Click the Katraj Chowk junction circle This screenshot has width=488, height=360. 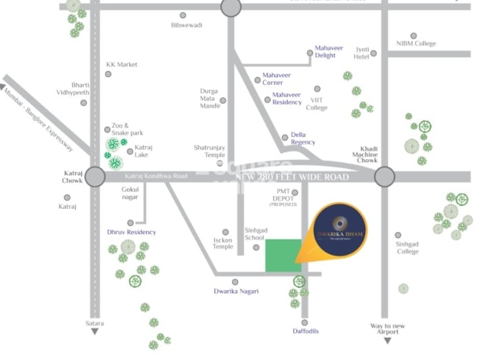(x=94, y=176)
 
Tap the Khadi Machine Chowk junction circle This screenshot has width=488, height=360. (x=384, y=176)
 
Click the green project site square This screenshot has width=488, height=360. (x=283, y=256)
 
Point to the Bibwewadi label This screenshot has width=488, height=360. (x=187, y=25)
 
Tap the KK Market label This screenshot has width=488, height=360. (x=122, y=65)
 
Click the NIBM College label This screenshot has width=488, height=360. (x=416, y=44)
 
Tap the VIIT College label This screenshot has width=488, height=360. (x=317, y=103)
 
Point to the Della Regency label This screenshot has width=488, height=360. (x=302, y=138)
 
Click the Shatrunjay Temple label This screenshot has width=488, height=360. (x=210, y=151)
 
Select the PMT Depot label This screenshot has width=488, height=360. (x=283, y=195)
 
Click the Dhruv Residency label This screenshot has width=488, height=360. (x=131, y=232)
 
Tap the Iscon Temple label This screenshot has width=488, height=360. (x=222, y=243)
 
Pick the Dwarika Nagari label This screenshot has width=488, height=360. (x=236, y=291)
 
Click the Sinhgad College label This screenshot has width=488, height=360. (x=407, y=248)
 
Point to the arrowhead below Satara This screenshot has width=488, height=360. (x=95, y=332)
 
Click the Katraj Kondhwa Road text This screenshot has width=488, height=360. (x=155, y=176)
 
